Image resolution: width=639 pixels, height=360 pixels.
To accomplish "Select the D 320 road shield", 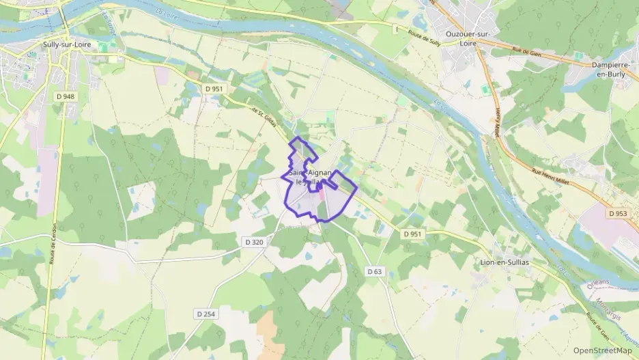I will [x=253, y=241].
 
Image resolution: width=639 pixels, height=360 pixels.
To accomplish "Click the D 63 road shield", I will [x=374, y=271].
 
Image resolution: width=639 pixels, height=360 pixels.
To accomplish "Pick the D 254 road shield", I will [x=205, y=314].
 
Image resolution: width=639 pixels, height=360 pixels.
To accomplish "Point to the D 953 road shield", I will [x=617, y=213].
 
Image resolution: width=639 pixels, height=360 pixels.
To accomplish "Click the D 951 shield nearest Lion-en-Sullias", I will [x=412, y=234].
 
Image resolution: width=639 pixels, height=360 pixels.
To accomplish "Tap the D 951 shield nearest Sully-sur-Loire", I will [x=214, y=88].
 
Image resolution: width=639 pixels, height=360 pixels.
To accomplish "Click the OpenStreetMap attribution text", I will [x=602, y=350].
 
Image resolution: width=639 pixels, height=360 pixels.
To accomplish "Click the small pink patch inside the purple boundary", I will [x=322, y=195].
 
